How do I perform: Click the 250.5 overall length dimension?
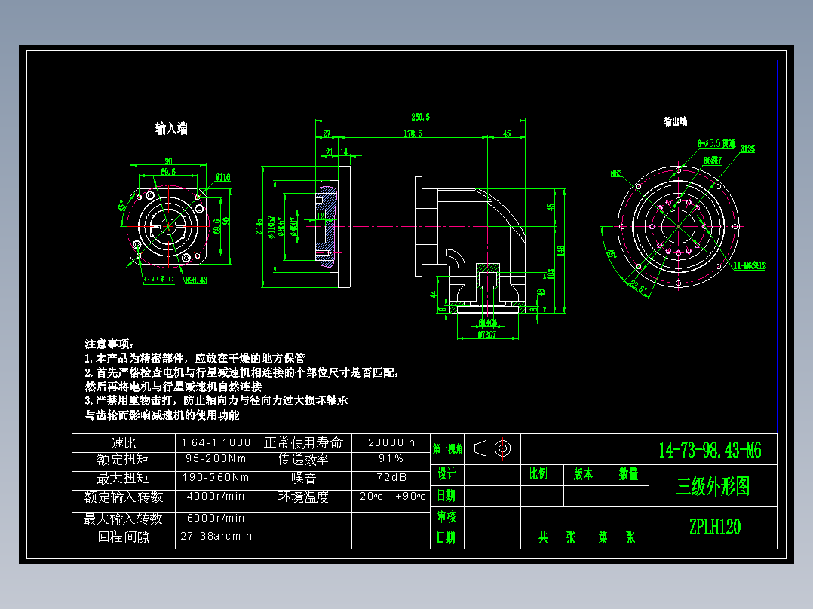[x=420, y=116]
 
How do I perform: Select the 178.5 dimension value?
[x=413, y=133]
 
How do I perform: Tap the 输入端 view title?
[x=171, y=129]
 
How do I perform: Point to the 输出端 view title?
[x=675, y=121]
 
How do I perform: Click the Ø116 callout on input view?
[x=222, y=177]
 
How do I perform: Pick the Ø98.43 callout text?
[x=196, y=280]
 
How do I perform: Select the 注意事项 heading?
[x=109, y=344]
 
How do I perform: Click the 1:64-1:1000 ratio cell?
[x=216, y=442]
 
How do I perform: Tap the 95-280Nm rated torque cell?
[x=216, y=458]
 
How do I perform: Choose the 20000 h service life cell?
[x=391, y=442]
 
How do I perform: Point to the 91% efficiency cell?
[x=391, y=458]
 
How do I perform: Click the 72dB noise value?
[x=391, y=478]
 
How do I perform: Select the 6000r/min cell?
[x=216, y=518]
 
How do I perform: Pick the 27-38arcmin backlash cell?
[x=216, y=536]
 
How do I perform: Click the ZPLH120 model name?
[x=713, y=527]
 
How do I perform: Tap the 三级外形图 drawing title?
[x=713, y=487]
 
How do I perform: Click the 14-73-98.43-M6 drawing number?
[x=710, y=451]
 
